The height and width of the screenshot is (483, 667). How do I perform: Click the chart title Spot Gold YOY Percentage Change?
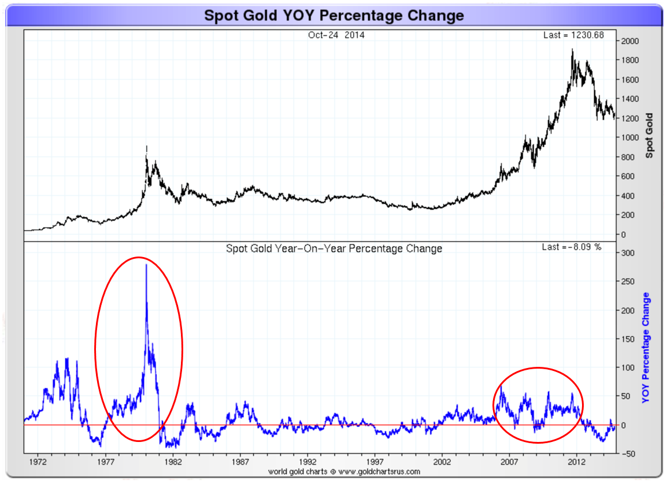click(333, 15)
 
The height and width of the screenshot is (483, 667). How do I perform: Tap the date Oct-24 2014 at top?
click(336, 35)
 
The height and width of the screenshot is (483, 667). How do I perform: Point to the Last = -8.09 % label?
click(572, 247)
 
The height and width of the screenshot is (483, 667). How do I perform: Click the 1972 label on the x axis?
click(38, 462)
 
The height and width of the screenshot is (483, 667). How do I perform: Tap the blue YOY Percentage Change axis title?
click(646, 348)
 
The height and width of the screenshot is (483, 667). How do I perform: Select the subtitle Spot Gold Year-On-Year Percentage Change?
click(334, 248)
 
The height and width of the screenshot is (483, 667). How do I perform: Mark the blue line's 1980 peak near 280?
click(146, 265)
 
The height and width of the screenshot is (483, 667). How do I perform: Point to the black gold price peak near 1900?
click(572, 50)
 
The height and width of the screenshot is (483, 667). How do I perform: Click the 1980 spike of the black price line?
click(147, 147)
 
